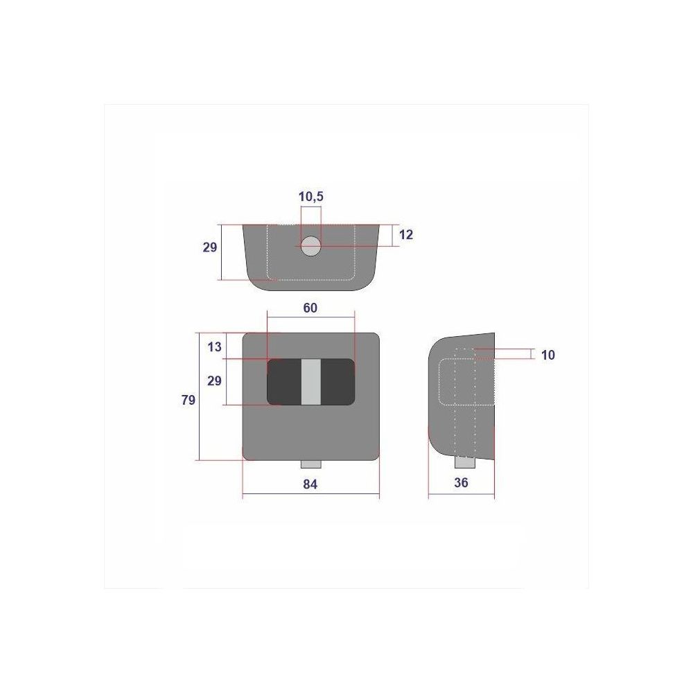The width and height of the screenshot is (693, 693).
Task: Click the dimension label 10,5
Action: (310, 196)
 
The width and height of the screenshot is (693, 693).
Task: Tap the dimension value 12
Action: (405, 235)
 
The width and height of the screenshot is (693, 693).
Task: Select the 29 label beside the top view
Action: (210, 247)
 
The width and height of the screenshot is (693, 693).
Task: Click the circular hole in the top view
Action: (310, 246)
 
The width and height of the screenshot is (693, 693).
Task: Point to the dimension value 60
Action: (310, 308)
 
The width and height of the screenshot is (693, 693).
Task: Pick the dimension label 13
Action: (214, 347)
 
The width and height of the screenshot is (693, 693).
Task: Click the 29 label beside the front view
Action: (214, 381)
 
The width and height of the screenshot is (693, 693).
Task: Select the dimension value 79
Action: (188, 400)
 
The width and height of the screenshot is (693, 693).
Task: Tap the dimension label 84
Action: (310, 484)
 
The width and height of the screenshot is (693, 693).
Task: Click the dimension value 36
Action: (461, 482)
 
